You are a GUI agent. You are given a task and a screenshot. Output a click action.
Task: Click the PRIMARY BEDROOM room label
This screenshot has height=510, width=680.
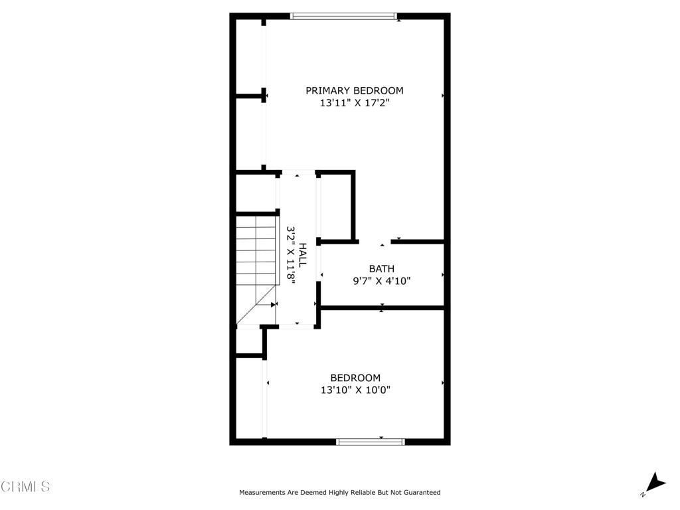coord(354,90)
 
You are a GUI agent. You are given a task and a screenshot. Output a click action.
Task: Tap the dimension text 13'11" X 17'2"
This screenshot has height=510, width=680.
coord(354,104)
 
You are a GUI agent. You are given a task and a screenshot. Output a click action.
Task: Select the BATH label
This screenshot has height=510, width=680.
coord(381,268)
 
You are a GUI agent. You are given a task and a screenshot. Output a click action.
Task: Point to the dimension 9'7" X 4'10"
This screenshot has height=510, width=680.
coord(381,281)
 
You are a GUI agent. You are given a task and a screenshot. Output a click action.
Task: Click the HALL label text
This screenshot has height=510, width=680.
coord(302,255)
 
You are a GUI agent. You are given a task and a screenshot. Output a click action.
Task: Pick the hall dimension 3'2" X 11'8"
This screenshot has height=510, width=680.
coord(290,255)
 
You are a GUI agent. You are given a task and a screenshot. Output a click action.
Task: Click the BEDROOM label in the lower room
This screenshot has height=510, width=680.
coord(355,378)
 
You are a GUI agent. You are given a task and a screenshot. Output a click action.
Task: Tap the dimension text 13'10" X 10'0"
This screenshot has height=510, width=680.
coord(355,390)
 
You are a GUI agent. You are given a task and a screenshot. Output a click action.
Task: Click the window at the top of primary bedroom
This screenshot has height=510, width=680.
coord(344,17)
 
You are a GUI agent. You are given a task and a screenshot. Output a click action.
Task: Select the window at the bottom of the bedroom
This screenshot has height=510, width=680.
coord(371,441)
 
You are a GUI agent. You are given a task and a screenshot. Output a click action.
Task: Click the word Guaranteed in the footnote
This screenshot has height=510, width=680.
coord(420,493)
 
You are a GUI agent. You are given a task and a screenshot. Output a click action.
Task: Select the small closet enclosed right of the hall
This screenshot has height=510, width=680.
coord(337,206)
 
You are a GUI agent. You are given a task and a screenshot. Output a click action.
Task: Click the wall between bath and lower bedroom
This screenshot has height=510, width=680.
coord(382,307)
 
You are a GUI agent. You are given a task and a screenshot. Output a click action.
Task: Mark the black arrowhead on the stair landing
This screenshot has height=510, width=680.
coord(273,305)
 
